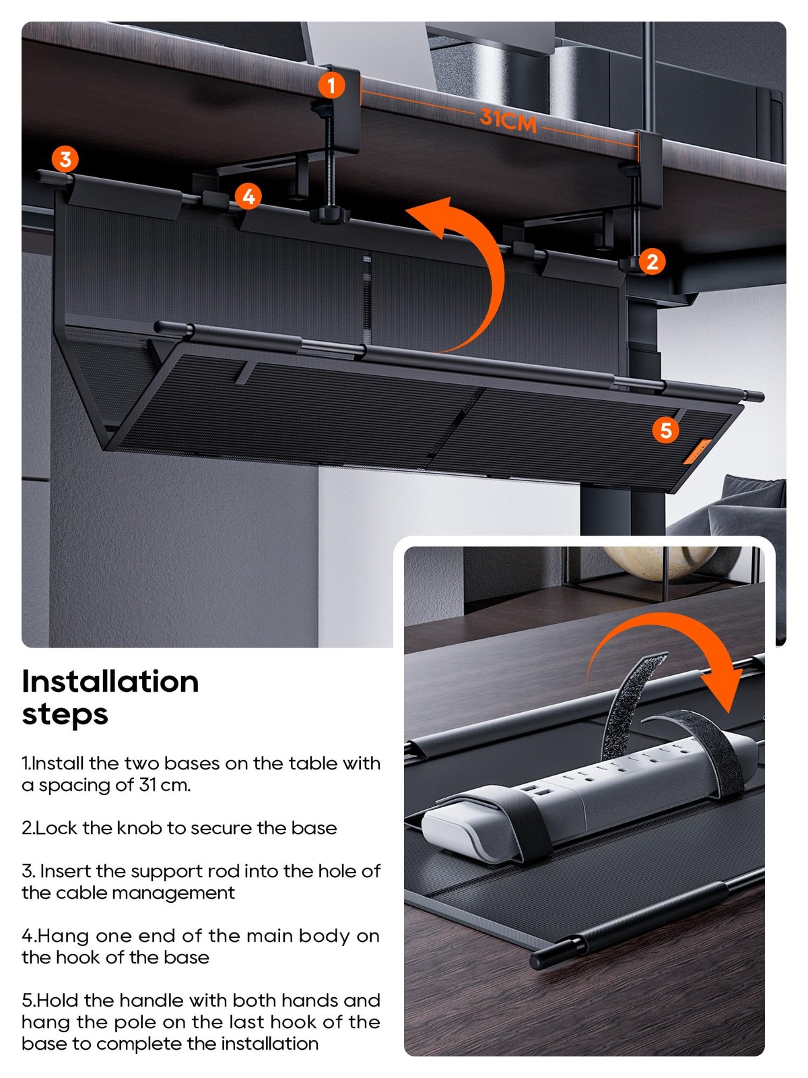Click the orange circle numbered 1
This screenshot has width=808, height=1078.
pyautogui.click(x=331, y=85)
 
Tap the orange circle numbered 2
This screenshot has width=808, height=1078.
pyautogui.click(x=652, y=261)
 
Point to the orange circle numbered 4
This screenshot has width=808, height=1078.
pyautogui.click(x=248, y=196)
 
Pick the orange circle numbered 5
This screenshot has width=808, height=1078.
pyautogui.click(x=666, y=431)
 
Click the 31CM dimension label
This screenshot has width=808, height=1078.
pyautogui.click(x=508, y=121)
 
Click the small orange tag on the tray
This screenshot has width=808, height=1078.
pyautogui.click(x=697, y=451)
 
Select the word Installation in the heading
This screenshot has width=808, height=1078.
pyautogui.click(x=110, y=682)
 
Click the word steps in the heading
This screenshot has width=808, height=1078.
pyautogui.click(x=65, y=715)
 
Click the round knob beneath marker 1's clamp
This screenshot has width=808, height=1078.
pyautogui.click(x=329, y=215)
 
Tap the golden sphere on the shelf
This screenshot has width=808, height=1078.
pyautogui.click(x=660, y=561)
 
